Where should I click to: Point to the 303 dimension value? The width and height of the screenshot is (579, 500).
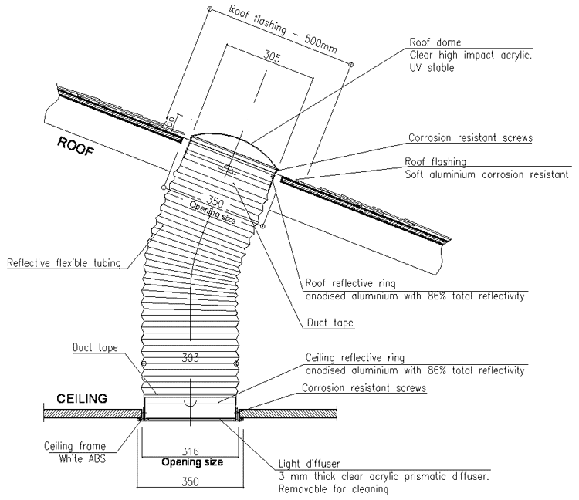(190, 359)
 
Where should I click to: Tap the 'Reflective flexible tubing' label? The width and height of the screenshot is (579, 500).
(64, 263)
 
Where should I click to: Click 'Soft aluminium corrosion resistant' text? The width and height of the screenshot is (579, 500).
(486, 174)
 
